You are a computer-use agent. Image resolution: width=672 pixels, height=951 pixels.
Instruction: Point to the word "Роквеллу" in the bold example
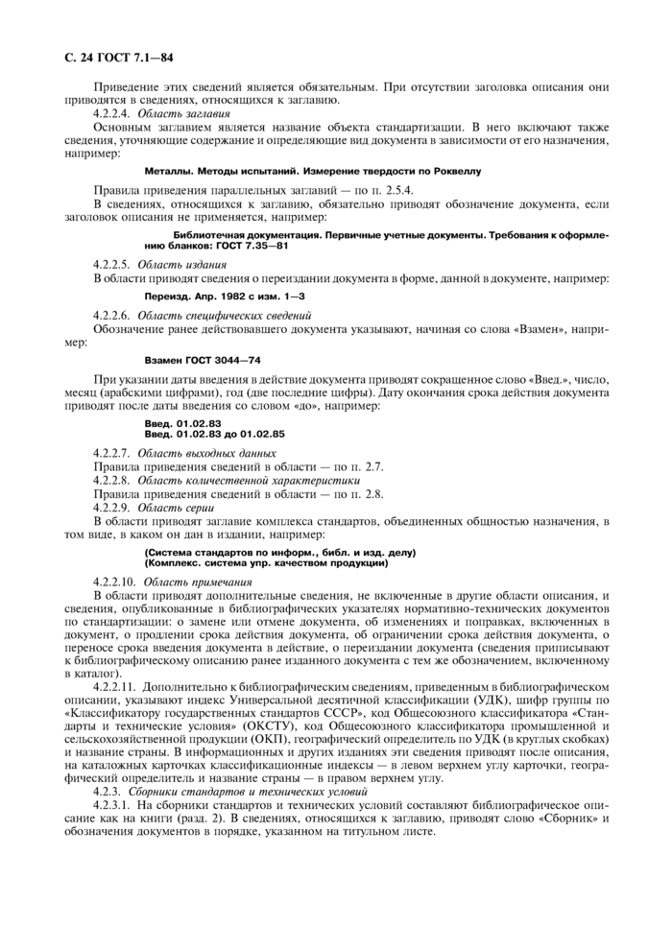[x=454, y=171]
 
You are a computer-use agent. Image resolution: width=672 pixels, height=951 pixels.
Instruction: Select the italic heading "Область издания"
[x=178, y=263]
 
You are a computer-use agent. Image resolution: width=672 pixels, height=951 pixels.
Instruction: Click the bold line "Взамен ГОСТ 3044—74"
[x=203, y=361]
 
